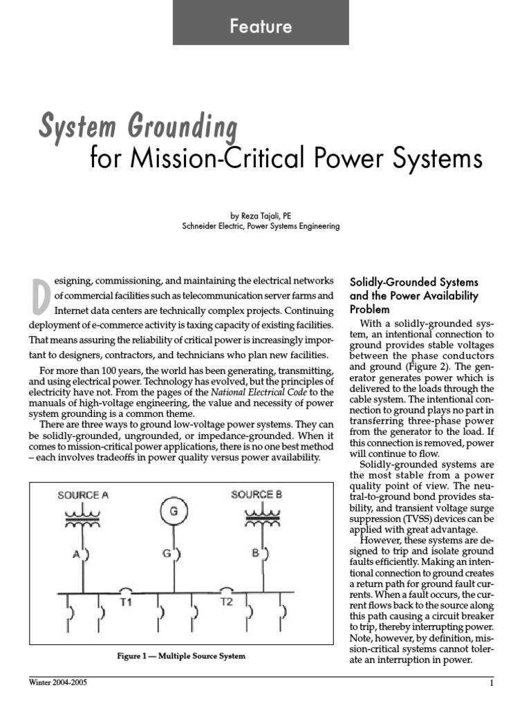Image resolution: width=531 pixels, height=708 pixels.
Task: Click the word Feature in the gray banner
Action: [261, 27]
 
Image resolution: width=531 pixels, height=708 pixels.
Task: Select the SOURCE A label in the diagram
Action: [84, 495]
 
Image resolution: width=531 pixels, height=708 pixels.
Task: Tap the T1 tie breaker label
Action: [127, 602]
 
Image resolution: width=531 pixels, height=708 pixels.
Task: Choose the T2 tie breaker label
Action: [227, 602]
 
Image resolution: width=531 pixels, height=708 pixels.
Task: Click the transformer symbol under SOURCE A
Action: [84, 520]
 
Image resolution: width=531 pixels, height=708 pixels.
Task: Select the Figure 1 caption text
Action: [180, 655]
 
